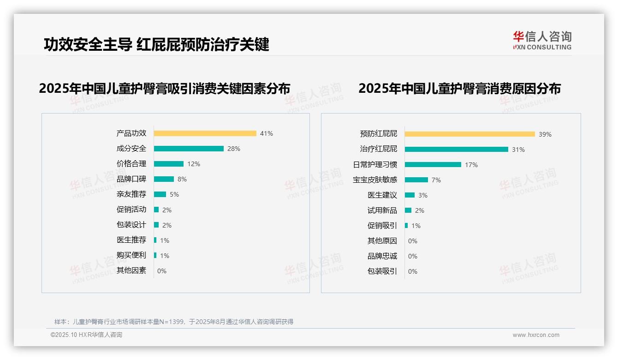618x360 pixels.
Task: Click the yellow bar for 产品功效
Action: coord(205,133)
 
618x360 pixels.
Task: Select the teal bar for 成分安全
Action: coord(189,149)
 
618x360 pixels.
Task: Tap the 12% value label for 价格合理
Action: coord(194,164)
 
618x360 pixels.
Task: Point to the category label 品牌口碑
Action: coord(131,179)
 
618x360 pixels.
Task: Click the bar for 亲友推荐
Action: coord(160,194)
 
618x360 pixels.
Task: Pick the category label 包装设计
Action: coord(131,225)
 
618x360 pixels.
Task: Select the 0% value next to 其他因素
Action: coord(162,271)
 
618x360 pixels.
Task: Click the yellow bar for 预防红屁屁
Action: coord(470,134)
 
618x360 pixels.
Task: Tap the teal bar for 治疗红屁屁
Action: coord(457,150)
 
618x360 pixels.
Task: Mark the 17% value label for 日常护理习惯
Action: coord(471,165)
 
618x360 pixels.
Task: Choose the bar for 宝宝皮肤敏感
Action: coord(416,180)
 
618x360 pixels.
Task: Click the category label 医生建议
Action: coord(382,195)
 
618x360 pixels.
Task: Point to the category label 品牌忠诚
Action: coord(382,256)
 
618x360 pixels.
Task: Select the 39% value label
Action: coord(545,134)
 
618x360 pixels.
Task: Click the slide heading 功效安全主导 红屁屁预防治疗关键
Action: coord(156,45)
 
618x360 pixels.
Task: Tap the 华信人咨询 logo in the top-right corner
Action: coord(542,40)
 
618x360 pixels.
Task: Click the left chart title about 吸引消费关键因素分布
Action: coord(165,89)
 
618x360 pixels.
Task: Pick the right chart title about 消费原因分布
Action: coord(459,89)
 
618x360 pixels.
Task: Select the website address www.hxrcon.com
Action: coord(536,335)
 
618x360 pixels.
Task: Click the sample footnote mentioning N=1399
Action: coord(174,322)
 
